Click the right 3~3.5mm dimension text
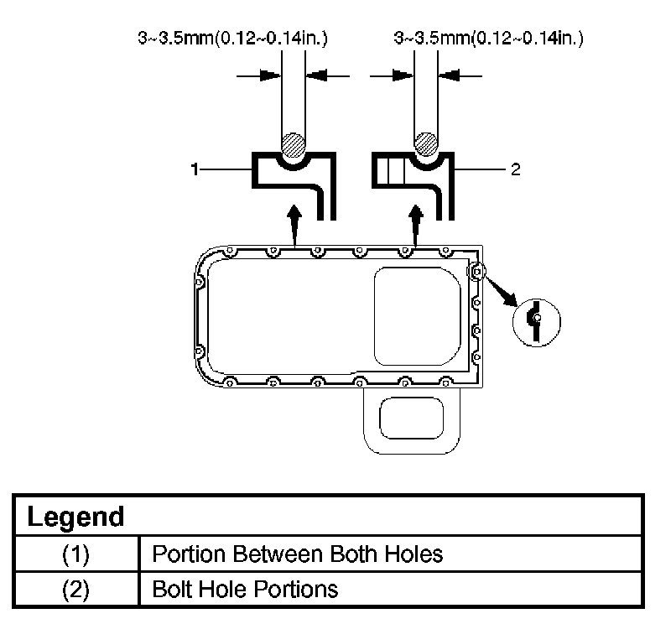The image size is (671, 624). (x=488, y=38)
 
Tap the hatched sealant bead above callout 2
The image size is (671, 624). (x=426, y=143)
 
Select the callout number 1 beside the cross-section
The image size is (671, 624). (x=195, y=169)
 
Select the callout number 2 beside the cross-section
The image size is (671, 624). (x=515, y=169)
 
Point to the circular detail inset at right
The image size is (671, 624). (x=536, y=319)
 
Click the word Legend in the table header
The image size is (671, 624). (x=75, y=516)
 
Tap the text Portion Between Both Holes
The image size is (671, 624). (x=297, y=554)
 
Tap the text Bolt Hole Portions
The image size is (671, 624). (x=245, y=589)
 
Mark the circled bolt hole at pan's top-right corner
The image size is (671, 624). (x=476, y=271)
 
